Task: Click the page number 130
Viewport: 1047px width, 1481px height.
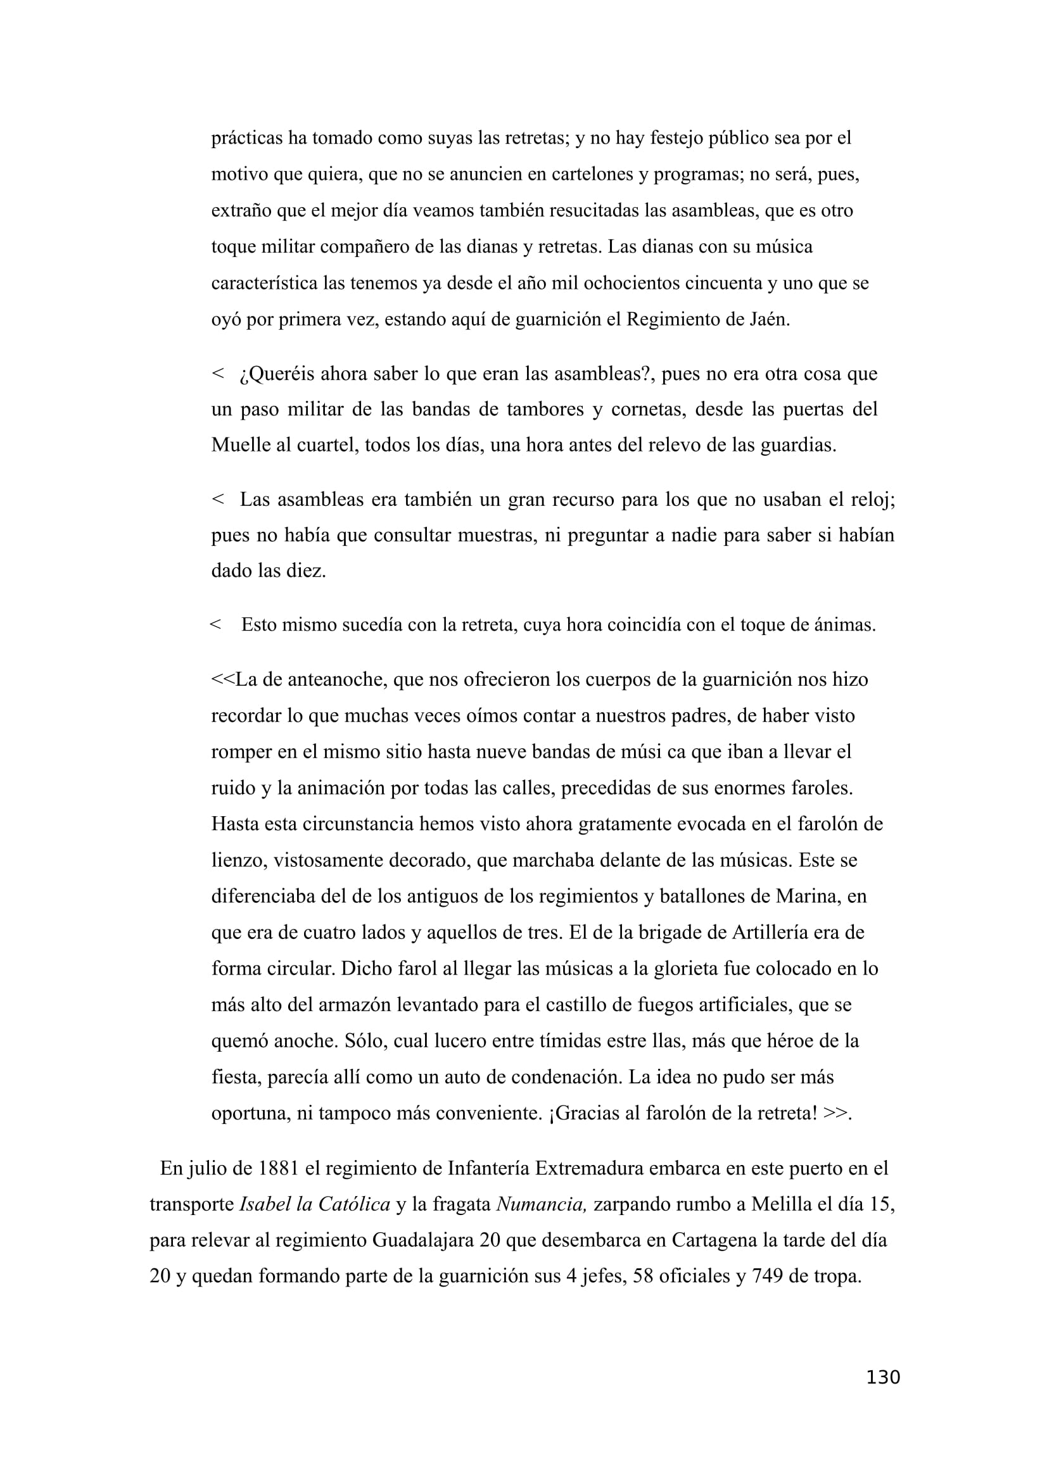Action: click(882, 1377)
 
